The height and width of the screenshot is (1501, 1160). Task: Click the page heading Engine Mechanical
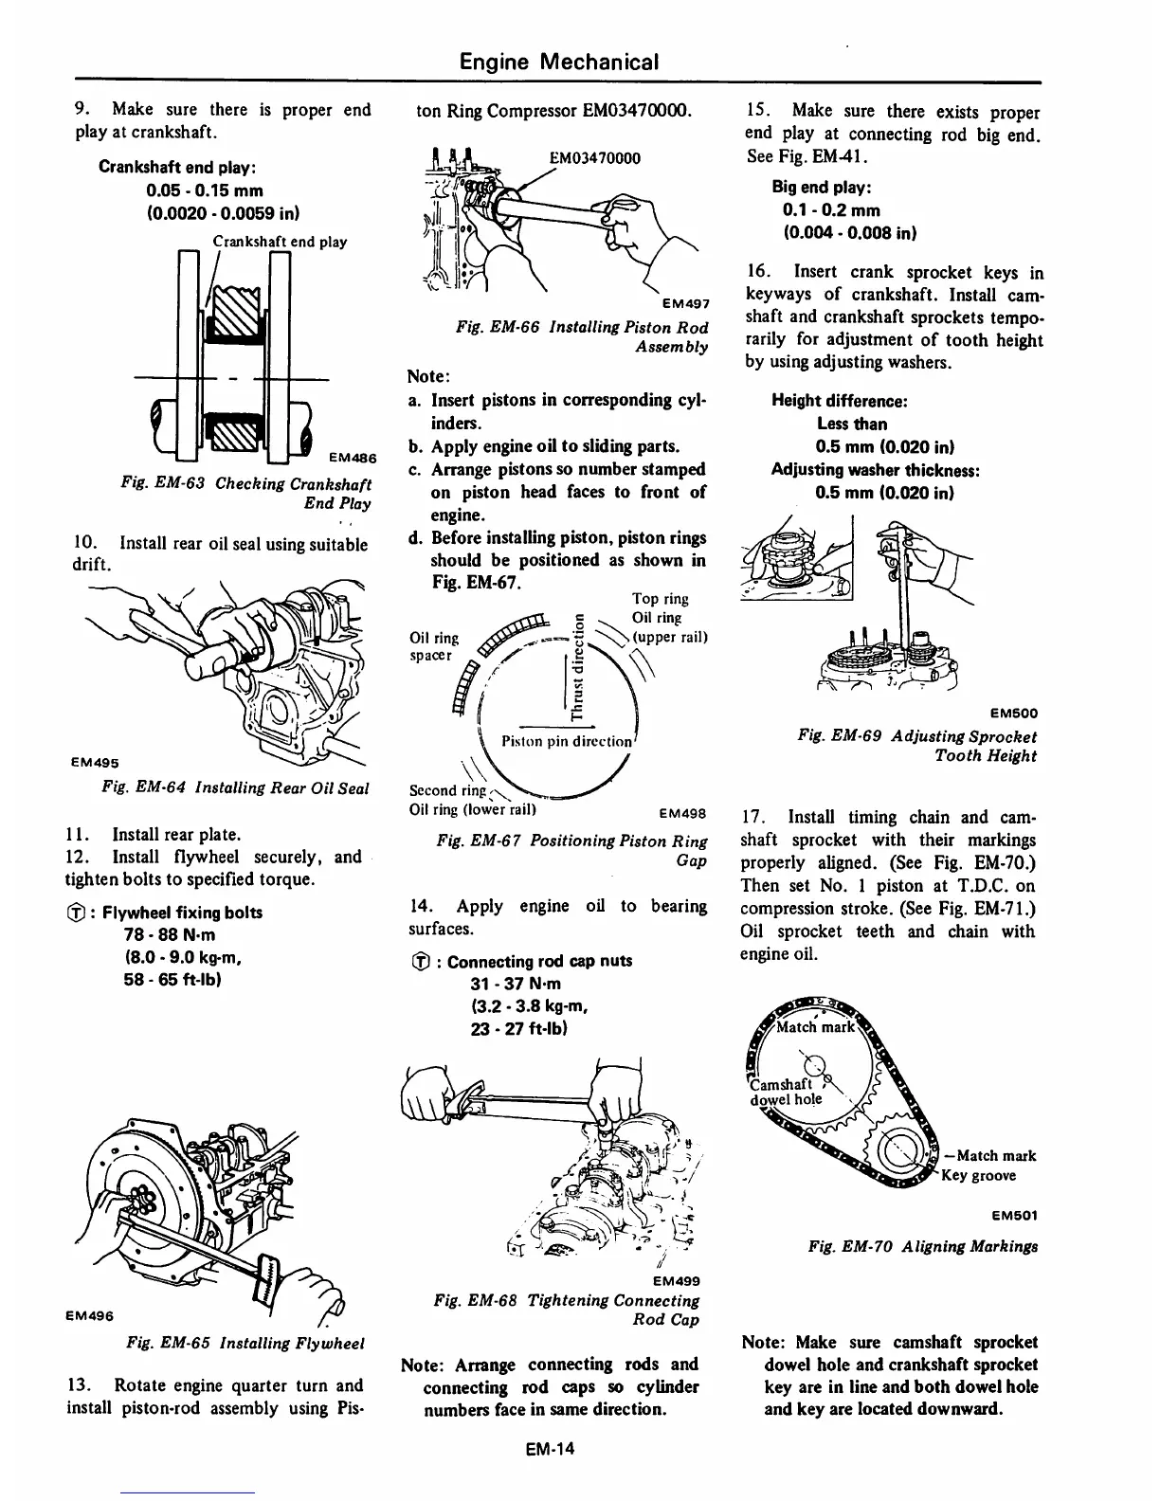558,63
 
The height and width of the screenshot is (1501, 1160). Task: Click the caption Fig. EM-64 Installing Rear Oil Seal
235,787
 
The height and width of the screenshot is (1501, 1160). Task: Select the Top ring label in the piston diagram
660,599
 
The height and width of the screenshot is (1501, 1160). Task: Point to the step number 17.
752,817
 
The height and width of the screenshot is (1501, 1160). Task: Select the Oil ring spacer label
433,646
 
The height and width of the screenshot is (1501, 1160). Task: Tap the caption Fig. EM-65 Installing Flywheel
245,1343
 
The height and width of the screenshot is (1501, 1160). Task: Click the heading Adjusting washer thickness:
875,470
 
